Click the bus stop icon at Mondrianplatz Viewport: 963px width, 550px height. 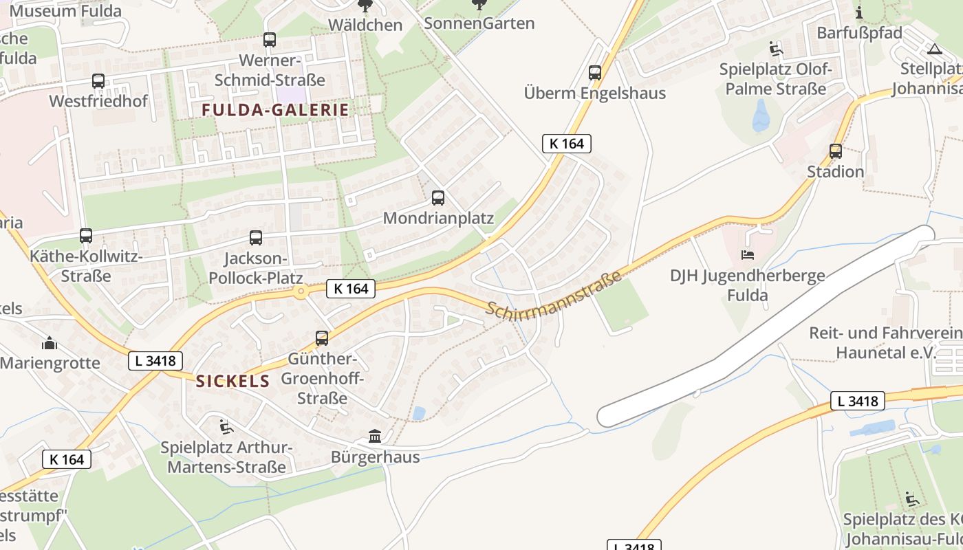point(438,198)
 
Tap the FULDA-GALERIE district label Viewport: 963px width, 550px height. point(275,109)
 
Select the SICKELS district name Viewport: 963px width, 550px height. point(232,382)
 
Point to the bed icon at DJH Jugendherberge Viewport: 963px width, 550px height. point(748,255)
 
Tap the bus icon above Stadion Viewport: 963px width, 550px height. point(836,151)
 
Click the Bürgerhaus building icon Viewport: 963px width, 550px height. point(375,436)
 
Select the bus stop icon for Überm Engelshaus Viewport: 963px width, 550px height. point(595,72)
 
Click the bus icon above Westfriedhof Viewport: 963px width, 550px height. point(98,81)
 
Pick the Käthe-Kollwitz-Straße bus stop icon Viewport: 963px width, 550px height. point(86,236)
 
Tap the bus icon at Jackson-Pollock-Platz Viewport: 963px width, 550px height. point(256,238)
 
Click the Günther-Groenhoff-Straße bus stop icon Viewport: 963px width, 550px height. point(322,338)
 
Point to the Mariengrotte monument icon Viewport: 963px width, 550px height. point(50,342)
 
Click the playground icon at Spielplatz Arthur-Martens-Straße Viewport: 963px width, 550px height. point(226,427)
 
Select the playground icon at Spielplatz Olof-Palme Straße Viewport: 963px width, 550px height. point(776,49)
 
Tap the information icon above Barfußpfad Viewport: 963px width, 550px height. point(859,12)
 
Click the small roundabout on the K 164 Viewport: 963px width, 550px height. point(300,292)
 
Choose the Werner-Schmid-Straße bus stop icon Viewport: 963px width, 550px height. point(270,40)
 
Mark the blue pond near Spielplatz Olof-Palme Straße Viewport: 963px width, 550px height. point(761,115)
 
